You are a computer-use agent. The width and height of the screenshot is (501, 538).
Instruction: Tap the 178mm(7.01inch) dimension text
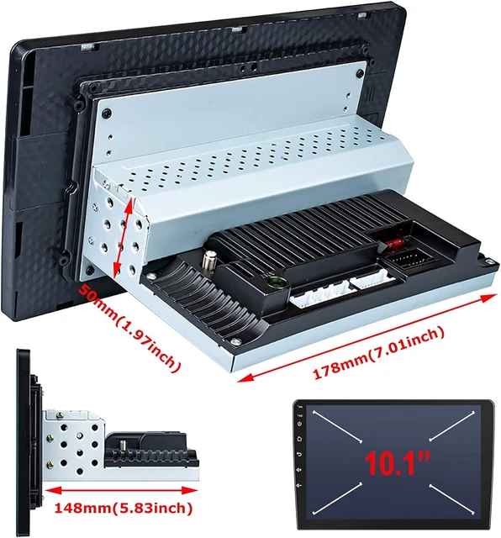[378, 353]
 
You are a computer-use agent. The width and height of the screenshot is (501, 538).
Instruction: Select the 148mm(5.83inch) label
[124, 508]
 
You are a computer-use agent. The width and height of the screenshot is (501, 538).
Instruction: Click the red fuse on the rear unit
[393, 245]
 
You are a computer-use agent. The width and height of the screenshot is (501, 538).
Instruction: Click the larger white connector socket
[320, 293]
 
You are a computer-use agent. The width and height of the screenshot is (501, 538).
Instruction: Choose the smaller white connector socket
[373, 280]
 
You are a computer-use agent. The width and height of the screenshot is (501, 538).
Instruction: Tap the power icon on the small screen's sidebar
[299, 424]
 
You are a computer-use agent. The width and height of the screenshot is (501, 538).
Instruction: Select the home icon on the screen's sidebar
[299, 439]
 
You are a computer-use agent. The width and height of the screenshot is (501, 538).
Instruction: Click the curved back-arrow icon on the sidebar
[299, 454]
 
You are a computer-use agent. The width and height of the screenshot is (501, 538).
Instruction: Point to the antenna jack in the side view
[122, 446]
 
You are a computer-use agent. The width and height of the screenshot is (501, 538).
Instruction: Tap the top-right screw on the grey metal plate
[360, 73]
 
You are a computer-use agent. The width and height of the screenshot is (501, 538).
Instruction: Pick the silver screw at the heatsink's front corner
[235, 341]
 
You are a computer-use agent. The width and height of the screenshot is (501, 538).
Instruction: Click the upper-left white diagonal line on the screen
[337, 426]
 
